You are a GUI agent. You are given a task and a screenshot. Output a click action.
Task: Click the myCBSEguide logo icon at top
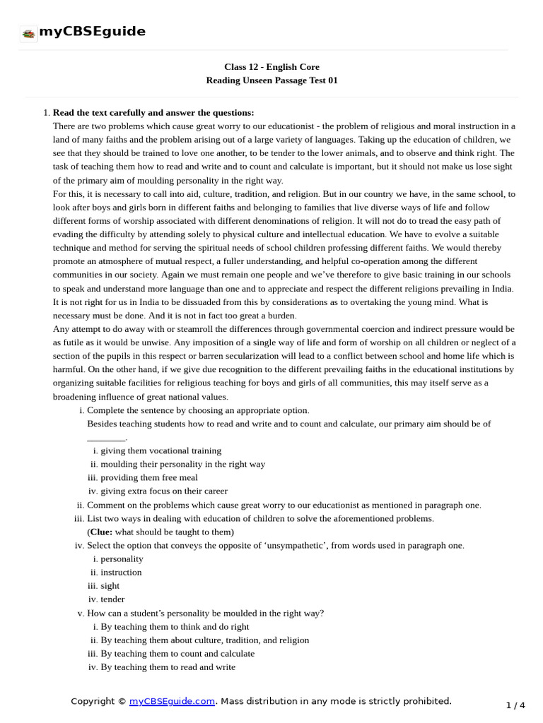(28, 33)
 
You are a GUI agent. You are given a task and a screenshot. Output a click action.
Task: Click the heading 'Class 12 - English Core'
(271, 67)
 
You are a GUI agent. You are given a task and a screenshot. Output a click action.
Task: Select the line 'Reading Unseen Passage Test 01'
(271, 80)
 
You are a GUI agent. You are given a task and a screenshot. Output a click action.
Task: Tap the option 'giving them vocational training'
(160, 450)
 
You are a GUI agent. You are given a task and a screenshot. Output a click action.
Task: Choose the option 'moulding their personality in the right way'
(182, 464)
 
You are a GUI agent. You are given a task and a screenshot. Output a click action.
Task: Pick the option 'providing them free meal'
(149, 477)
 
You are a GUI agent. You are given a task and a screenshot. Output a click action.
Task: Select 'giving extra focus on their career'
(164, 491)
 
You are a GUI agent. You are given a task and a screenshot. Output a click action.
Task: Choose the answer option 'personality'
(122, 558)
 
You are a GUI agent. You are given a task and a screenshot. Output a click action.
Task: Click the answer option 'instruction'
(121, 572)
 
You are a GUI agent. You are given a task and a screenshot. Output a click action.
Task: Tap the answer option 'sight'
(110, 585)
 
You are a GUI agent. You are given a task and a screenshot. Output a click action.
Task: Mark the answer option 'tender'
(112, 599)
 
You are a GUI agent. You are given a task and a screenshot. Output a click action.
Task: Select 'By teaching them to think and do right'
(175, 626)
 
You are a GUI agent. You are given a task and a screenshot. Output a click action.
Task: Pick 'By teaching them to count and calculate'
(177, 653)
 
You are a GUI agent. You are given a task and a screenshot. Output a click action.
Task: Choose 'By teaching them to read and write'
(168, 667)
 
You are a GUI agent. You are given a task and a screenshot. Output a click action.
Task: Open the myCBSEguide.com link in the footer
(172, 701)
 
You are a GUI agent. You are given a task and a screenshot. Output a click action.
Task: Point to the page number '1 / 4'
(515, 705)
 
